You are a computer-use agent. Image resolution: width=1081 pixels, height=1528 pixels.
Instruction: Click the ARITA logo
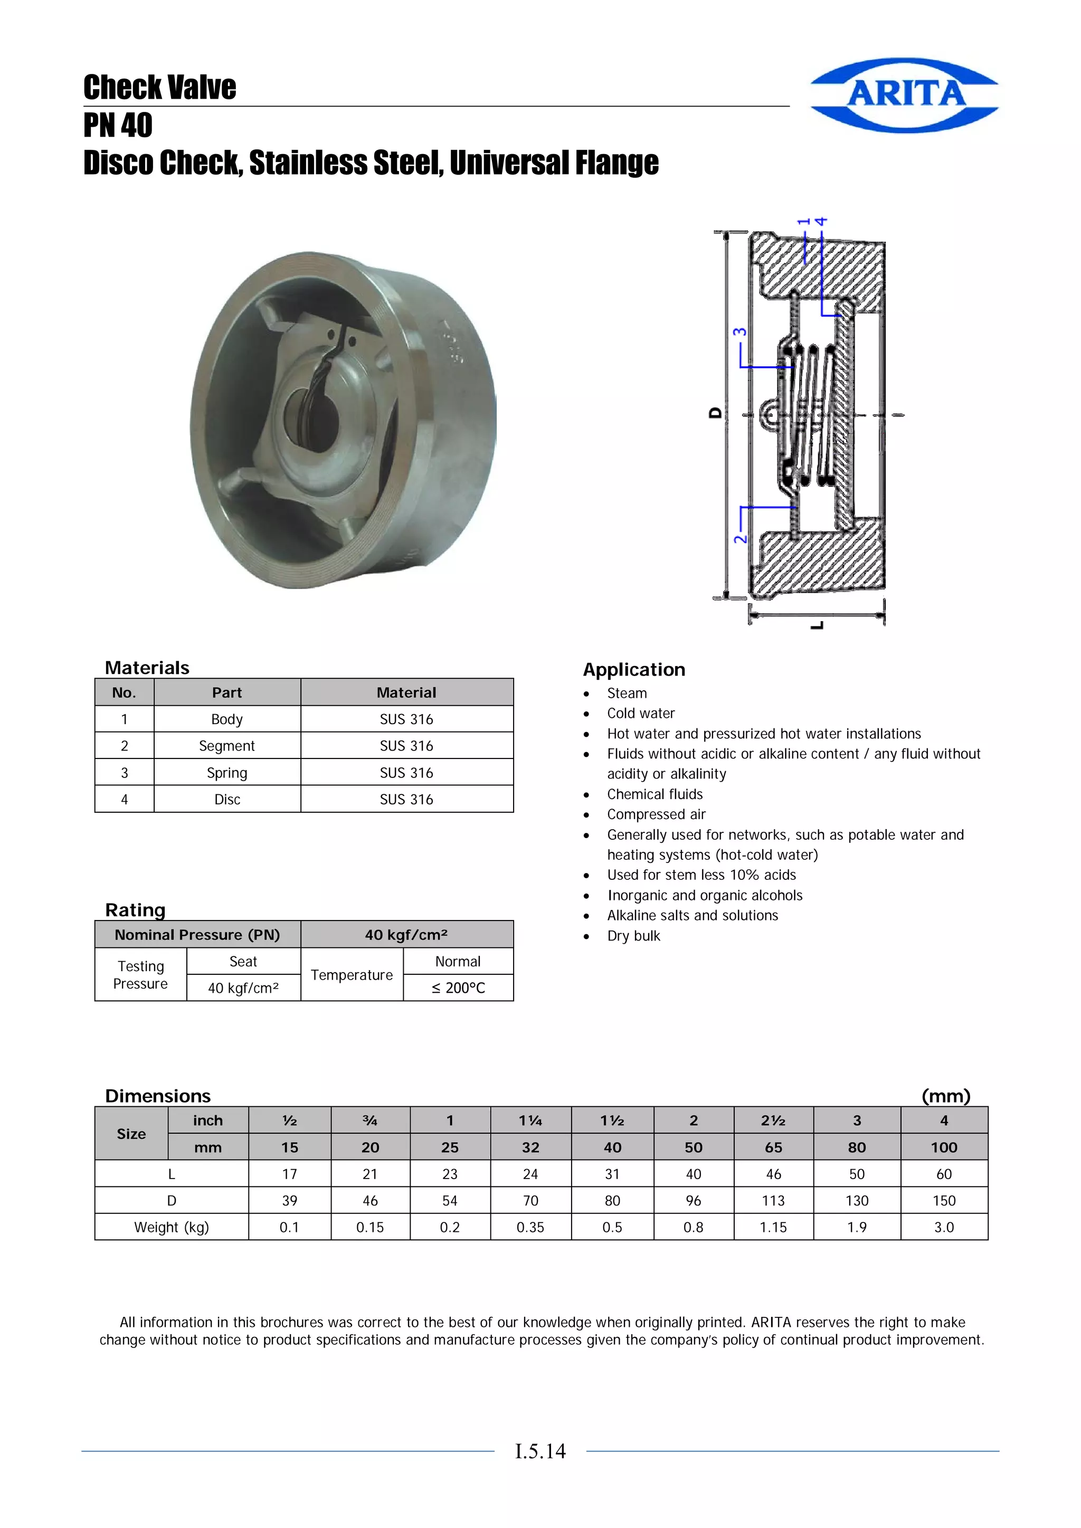(905, 94)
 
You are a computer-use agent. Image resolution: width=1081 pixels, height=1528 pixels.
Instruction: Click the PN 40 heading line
(118, 125)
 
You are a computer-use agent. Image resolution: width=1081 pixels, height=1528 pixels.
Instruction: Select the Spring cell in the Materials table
(227, 773)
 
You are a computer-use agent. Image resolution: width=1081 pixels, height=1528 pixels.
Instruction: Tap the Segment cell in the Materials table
(227, 746)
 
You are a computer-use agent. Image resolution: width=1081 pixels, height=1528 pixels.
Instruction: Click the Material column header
(406, 693)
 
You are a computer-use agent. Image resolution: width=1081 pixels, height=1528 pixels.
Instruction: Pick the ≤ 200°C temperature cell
(458, 988)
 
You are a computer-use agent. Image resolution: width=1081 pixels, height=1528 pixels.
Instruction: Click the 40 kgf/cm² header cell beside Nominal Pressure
(406, 935)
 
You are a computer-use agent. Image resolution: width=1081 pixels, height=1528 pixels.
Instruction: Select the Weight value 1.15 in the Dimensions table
(773, 1227)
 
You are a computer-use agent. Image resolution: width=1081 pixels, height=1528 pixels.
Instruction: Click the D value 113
(773, 1201)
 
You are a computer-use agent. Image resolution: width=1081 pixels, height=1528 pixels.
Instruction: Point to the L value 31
(612, 1174)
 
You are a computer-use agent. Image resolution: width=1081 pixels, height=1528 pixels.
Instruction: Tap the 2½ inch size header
(773, 1121)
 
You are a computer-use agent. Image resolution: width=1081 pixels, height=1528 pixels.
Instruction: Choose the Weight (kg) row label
(171, 1227)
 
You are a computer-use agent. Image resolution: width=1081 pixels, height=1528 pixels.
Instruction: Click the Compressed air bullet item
(656, 814)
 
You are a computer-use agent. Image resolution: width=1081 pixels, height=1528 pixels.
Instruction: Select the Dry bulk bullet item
(633, 936)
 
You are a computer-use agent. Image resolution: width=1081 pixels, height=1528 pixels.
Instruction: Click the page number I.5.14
(540, 1451)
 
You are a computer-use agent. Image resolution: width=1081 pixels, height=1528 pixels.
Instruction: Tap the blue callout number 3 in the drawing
(739, 332)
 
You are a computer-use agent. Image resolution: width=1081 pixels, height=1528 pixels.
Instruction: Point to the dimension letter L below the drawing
(818, 625)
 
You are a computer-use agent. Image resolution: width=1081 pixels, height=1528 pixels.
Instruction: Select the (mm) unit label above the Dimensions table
(945, 1096)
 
